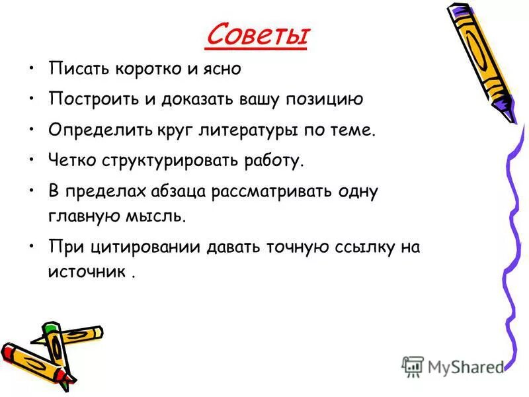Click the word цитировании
click(x=139, y=247)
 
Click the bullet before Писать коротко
click(x=32, y=69)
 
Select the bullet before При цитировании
click(x=32, y=247)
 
